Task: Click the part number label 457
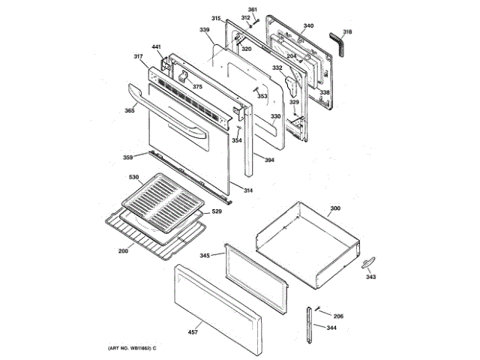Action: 193,331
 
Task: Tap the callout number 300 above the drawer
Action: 335,207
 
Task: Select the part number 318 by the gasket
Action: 347,32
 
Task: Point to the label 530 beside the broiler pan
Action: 134,177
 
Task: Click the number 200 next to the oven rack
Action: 123,250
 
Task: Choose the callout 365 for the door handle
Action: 130,111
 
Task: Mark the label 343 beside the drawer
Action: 370,277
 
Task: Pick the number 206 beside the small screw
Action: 338,316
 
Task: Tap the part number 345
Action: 205,256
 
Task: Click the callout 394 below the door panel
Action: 269,160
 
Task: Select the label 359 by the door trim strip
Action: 128,157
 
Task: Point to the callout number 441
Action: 156,47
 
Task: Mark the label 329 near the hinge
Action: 294,102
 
